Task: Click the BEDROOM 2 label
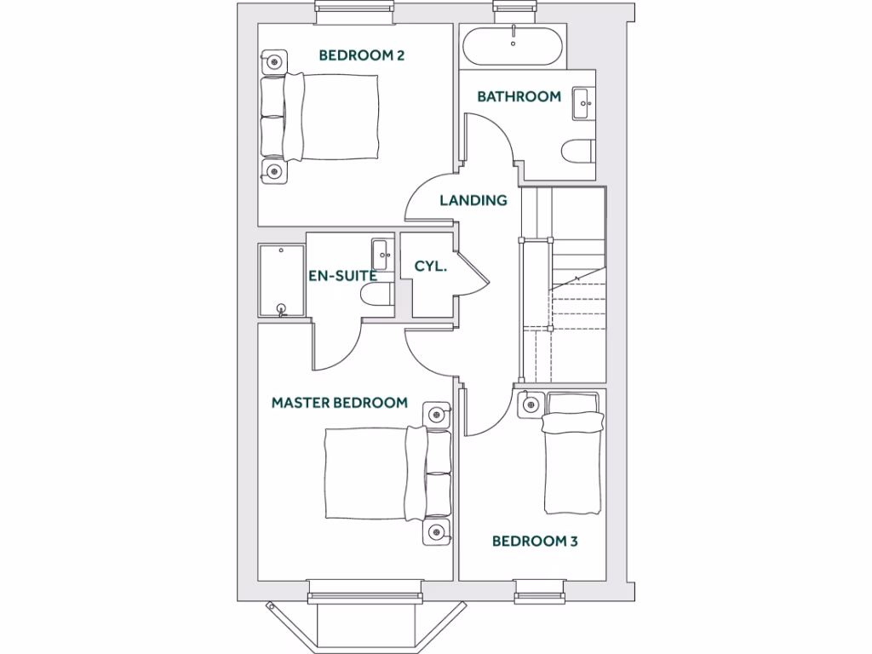(361, 55)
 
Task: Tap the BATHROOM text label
(519, 96)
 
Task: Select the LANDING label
(473, 201)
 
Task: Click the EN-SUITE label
(342, 275)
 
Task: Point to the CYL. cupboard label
(431, 266)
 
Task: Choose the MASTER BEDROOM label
(339, 402)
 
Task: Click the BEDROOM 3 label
(535, 541)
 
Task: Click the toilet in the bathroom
(578, 151)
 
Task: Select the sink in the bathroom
(584, 103)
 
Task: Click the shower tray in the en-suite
(281, 281)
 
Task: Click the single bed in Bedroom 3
(575, 455)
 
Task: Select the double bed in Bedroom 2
(324, 118)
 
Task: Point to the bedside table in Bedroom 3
(531, 403)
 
